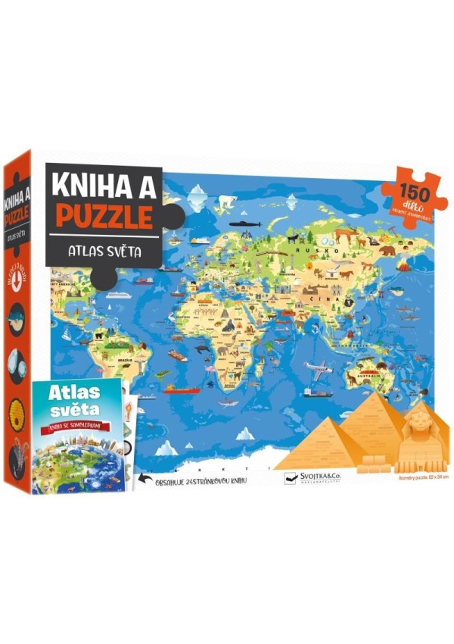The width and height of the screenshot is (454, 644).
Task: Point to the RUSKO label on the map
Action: (x=308, y=248)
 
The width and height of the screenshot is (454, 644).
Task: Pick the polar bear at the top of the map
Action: (x=227, y=202)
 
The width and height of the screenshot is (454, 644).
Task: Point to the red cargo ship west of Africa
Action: (x=182, y=391)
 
